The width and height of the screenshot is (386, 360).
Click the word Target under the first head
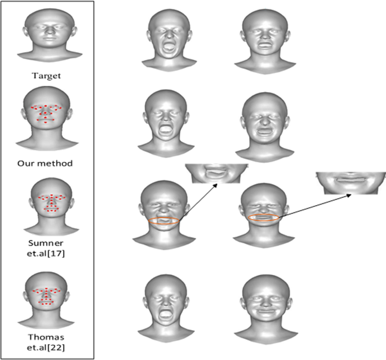(47, 73)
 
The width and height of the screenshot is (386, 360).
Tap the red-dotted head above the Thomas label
(47, 299)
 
